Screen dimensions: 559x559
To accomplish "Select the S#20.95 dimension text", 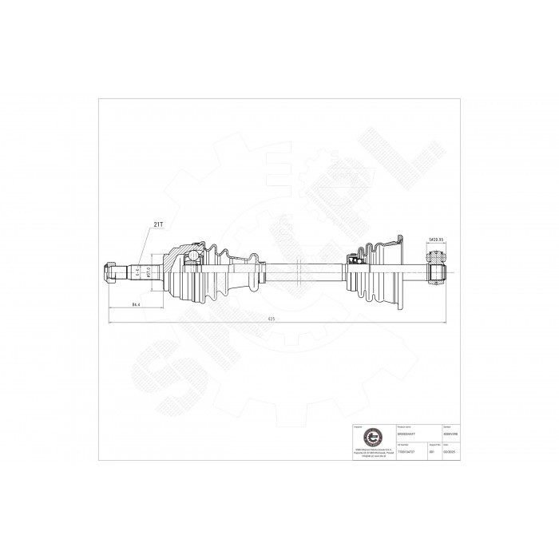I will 436,239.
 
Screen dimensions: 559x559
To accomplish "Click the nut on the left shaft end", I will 109,272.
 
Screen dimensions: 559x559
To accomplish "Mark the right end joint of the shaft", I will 436,270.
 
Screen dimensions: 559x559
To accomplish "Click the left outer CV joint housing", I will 173,272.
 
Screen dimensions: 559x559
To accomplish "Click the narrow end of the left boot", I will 254,268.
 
